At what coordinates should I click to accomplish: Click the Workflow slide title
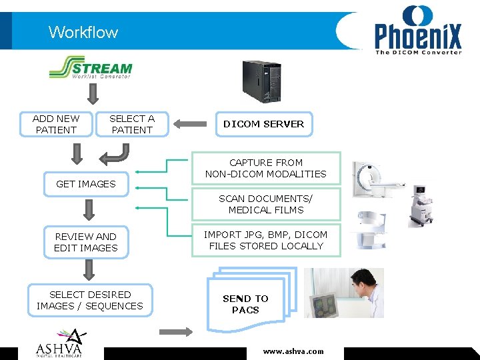tap(83, 32)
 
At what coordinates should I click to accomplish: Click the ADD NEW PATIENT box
tap(56, 124)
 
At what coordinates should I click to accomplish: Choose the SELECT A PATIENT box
tap(132, 124)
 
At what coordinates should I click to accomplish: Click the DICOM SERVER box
tap(263, 124)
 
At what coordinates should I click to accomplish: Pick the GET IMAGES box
tap(86, 184)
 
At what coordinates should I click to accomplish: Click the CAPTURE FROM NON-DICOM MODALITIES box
tap(265, 168)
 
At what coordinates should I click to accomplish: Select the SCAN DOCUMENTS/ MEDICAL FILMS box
tap(265, 204)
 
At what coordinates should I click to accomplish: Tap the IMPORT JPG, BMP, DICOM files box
tap(265, 240)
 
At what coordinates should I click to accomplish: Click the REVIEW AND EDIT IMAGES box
tap(86, 242)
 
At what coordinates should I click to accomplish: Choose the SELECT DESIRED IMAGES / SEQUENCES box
tap(90, 300)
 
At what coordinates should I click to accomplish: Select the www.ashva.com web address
tap(293, 351)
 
